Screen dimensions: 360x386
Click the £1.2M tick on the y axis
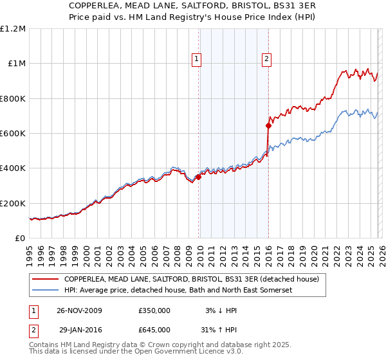[13, 28]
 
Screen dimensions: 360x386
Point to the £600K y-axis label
[13, 133]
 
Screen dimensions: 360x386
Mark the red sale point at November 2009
[198, 177]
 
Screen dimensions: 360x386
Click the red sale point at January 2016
[268, 126]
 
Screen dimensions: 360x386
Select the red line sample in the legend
[45, 280]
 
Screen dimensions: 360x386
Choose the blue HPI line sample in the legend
[45, 291]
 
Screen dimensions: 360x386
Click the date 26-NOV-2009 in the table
[79, 310]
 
